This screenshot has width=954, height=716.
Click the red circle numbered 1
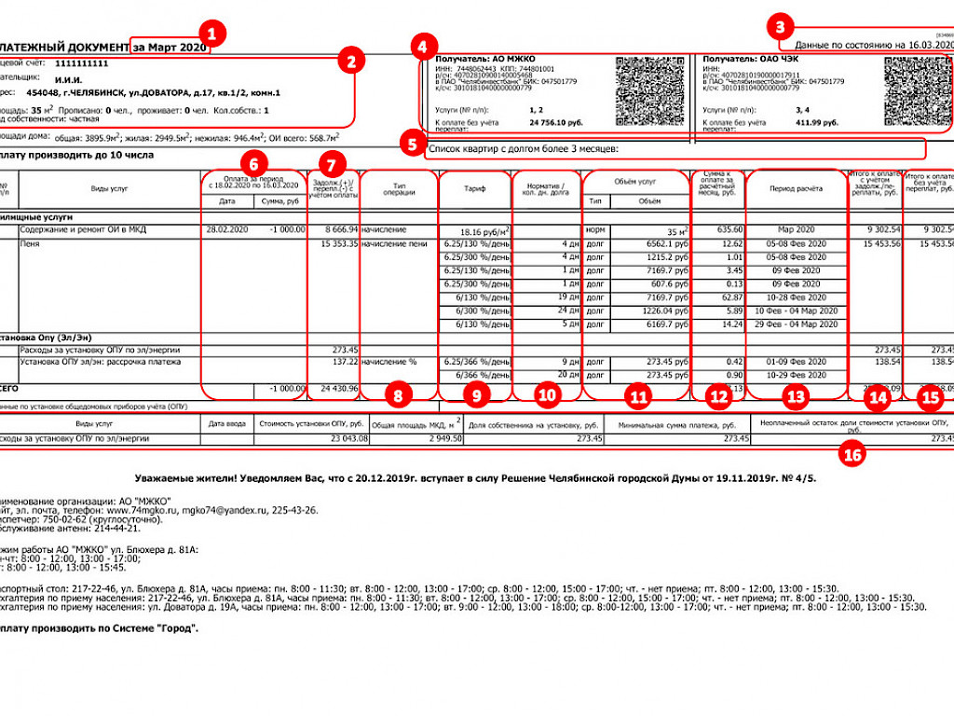click(212, 36)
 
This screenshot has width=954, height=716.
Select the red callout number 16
click(852, 454)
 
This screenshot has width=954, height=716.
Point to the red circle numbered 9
click(476, 395)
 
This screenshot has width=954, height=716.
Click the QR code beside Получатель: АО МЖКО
click(650, 91)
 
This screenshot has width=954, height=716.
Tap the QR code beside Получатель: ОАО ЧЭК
click(918, 91)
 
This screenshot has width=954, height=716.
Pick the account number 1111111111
click(82, 63)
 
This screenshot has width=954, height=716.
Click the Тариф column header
click(475, 189)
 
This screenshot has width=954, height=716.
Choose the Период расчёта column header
click(795, 189)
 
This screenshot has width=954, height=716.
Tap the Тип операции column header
click(398, 189)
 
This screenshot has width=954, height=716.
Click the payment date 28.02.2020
click(226, 228)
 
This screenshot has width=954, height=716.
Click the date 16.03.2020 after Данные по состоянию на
click(925, 45)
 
